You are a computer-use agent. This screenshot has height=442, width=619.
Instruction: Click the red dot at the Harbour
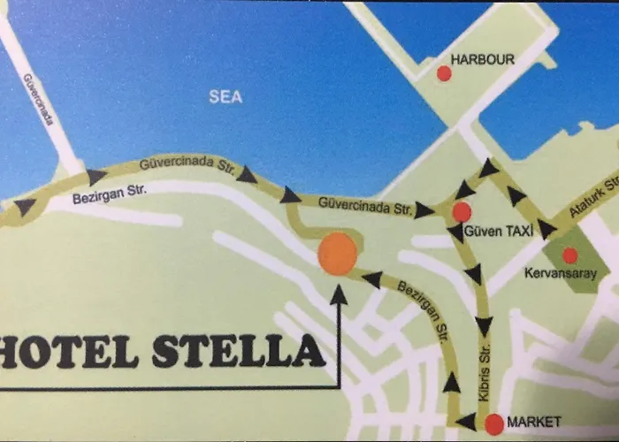(x=445, y=73)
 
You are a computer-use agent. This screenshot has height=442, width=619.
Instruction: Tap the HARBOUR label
(x=483, y=59)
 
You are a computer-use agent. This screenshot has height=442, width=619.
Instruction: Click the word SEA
(x=225, y=97)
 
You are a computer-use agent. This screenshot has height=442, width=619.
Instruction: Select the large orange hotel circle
(x=337, y=254)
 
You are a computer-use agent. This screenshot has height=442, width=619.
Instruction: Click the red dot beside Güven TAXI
(x=462, y=212)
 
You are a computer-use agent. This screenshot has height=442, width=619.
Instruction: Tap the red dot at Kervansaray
(x=570, y=255)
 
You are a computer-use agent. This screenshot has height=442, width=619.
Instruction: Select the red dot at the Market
(x=494, y=423)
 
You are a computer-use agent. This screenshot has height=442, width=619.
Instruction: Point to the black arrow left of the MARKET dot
(x=466, y=422)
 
